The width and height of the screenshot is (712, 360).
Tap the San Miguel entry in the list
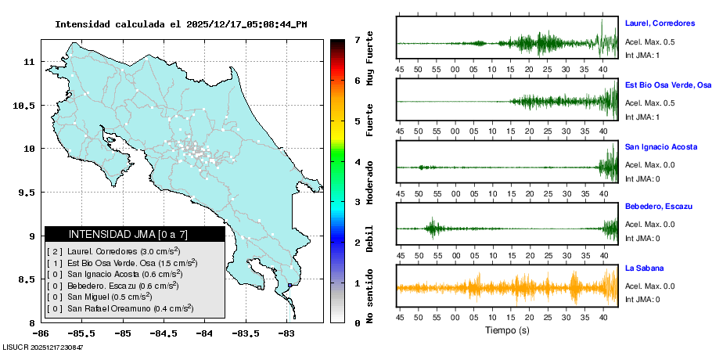pos(98,297)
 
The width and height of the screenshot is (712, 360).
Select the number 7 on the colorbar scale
pos(357,39)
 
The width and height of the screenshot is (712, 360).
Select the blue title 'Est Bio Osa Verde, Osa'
pos(667,85)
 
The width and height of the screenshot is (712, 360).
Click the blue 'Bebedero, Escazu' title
pos(659,206)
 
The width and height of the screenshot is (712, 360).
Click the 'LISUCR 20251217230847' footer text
pos(43,347)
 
